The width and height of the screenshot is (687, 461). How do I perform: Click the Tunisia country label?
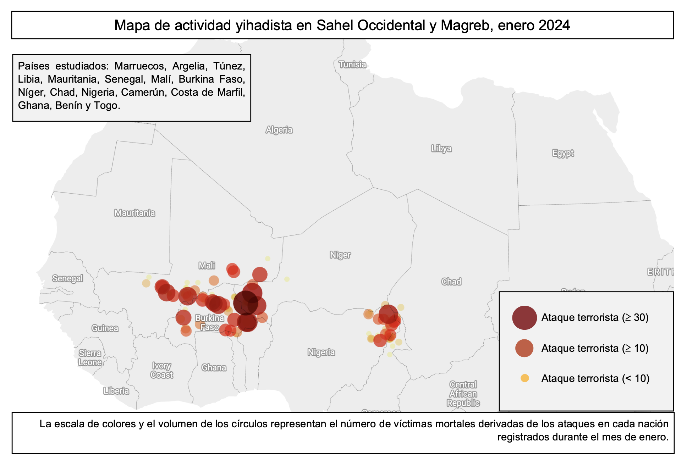coord(352,65)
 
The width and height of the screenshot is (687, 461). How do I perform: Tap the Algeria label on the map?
coord(279,130)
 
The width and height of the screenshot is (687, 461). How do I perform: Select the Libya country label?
coord(441,148)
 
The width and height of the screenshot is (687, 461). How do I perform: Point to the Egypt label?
coord(563,153)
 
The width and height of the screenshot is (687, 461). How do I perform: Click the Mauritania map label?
coord(134,213)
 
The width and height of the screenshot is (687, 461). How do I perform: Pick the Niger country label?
coord(340,255)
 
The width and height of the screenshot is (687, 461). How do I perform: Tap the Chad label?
coord(451,282)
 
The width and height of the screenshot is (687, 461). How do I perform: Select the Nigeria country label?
coord(321,352)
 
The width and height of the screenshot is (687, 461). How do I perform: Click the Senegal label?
coord(67,278)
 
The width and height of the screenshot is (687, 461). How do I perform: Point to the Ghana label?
coord(214,367)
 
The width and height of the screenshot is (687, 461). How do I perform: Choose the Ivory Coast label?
coord(161,370)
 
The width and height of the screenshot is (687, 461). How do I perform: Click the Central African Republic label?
coord(463,394)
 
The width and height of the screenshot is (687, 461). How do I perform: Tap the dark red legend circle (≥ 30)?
coord(524,318)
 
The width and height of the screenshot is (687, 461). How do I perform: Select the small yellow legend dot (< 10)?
coord(524,378)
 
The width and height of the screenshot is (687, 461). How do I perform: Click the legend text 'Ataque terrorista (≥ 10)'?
coord(595,348)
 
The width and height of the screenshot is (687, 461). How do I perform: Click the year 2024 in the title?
coord(554,26)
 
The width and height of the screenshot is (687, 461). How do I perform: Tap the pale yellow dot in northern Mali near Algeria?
coord(268,259)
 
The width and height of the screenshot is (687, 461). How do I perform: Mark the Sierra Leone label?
coord(90,357)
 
